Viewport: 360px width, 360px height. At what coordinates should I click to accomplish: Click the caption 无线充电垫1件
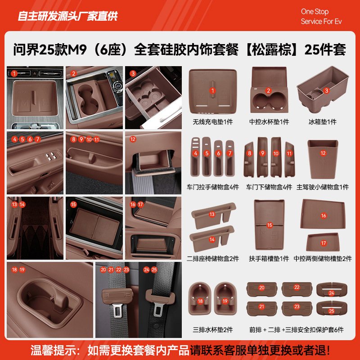(213, 122)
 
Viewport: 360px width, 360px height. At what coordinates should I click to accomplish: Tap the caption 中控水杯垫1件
(269, 122)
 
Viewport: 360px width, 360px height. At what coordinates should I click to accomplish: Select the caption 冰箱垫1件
(323, 122)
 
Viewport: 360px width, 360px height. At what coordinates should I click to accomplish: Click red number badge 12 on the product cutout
(323, 153)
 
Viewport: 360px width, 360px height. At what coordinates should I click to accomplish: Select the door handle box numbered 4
(196, 157)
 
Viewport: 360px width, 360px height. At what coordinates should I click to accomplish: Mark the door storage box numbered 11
(289, 157)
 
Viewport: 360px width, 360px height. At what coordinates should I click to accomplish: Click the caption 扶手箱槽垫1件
(269, 259)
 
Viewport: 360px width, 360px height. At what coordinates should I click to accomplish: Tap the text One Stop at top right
(315, 12)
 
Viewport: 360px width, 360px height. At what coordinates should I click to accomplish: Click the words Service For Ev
(321, 22)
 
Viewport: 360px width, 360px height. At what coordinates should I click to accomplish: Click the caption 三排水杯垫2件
(213, 330)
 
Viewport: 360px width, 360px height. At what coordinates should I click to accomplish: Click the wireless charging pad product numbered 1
(213, 90)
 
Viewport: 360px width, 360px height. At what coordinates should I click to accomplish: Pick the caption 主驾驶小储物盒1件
(323, 187)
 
